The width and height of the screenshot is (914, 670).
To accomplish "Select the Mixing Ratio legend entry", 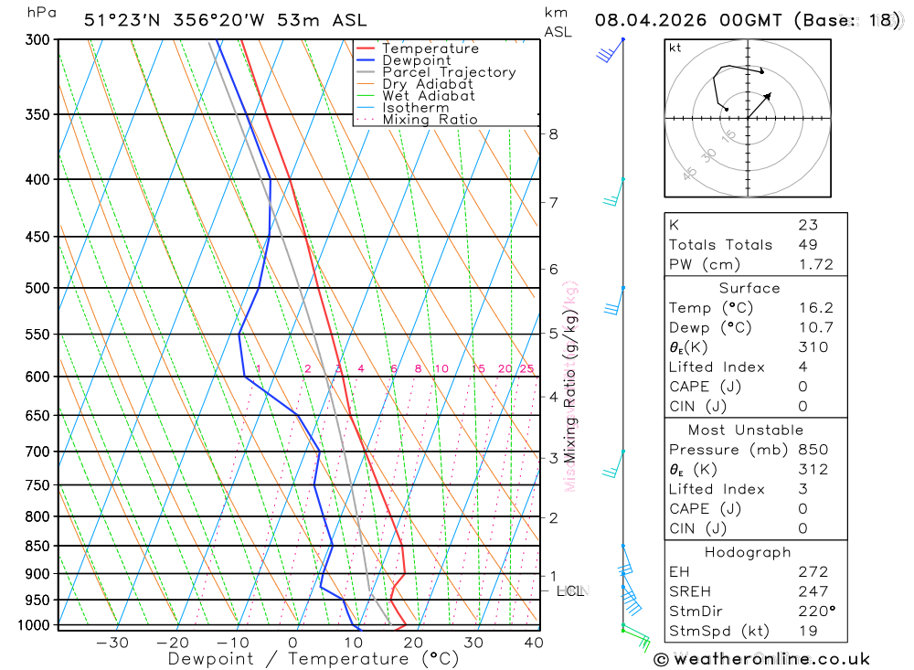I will (x=430, y=120).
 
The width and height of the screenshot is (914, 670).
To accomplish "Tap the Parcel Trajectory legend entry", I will (x=448, y=72).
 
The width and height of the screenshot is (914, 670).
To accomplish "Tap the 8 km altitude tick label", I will (x=553, y=133).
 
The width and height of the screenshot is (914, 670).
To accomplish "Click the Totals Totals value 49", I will (x=807, y=244).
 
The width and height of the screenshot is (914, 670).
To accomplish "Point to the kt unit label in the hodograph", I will (x=675, y=48).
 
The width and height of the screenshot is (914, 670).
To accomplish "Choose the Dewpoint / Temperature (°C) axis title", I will (x=313, y=659).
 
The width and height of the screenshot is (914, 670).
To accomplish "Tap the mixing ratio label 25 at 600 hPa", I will (x=526, y=369).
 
